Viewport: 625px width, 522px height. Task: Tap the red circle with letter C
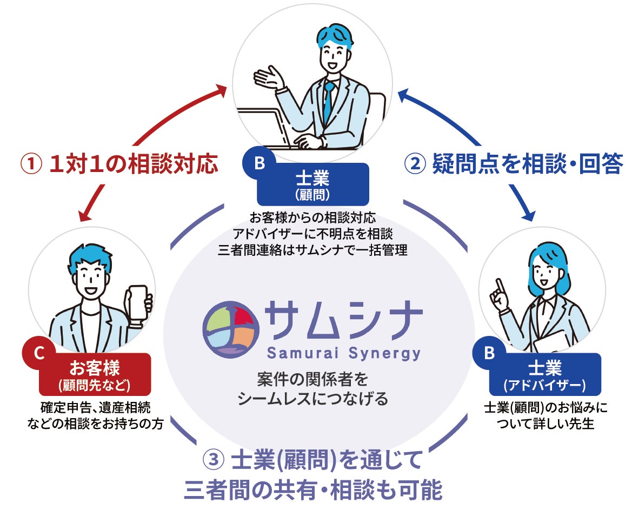pyautogui.click(x=38, y=353)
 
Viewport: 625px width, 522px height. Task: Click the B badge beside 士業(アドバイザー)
pyautogui.click(x=489, y=353)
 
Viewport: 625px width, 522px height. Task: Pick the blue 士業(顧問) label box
pyautogui.click(x=313, y=184)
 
